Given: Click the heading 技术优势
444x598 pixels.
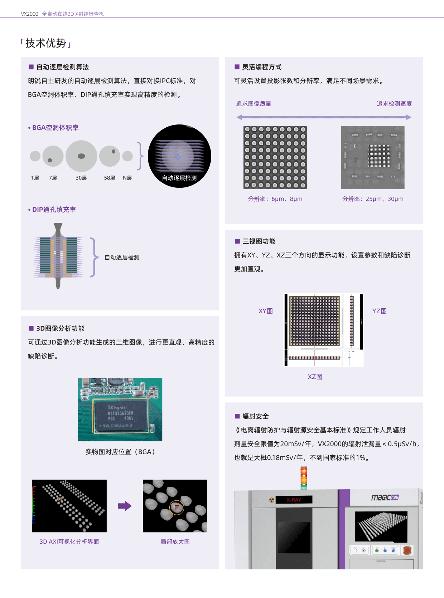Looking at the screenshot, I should (45, 43).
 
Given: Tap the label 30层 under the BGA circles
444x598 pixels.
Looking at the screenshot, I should (81, 178).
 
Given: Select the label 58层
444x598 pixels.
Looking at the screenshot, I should (110, 178).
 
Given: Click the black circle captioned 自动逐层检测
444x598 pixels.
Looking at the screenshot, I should (179, 156).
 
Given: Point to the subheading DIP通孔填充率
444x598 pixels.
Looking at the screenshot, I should (54, 210).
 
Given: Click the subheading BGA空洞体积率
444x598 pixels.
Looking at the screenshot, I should (55, 128).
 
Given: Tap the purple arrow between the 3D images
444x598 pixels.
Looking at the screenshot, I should (125, 506).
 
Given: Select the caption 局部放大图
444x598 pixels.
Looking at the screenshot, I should (175, 541).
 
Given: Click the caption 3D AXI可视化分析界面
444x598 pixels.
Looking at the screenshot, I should (69, 541).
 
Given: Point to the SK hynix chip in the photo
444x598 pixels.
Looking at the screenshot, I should (121, 416).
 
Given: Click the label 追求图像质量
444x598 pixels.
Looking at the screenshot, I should (254, 104).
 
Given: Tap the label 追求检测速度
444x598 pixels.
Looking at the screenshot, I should (394, 104).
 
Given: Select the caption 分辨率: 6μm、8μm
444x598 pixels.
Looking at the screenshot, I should (275, 199).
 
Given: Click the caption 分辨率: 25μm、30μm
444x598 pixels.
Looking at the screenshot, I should (372, 199).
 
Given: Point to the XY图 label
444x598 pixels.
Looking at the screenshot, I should (266, 311).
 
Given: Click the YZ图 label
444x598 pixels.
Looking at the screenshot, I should (379, 311).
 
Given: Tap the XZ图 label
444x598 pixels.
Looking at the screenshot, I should (315, 377).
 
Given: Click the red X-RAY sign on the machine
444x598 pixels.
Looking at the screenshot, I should (294, 500).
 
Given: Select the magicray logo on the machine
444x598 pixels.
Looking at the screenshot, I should (385, 497).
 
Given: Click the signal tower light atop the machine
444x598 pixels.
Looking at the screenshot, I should (304, 477).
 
